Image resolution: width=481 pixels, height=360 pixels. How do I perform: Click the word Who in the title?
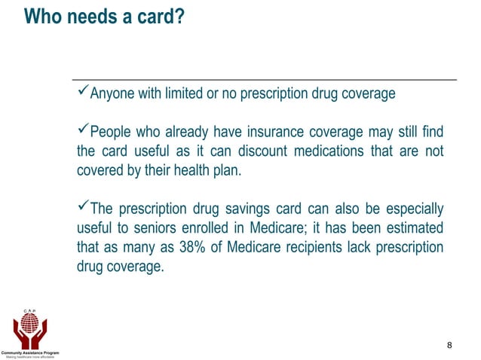(42, 17)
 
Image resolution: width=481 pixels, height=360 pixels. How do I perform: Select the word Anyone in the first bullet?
(110, 94)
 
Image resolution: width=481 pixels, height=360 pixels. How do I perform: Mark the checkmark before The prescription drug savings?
(83, 207)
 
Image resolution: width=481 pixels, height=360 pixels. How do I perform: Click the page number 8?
(449, 346)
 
